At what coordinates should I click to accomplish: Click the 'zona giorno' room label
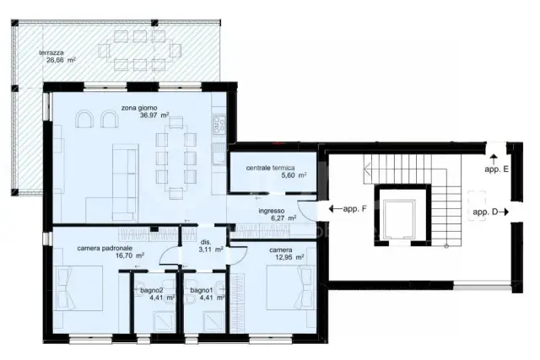pos(138,108)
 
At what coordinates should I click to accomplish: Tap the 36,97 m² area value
pos(154,116)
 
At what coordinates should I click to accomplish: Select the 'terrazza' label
pos(51,53)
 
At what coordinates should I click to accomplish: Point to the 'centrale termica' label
pos(270,168)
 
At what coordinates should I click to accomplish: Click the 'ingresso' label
pos(272,211)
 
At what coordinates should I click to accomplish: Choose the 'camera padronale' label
pos(105,248)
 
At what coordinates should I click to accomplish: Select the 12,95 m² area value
pos(289,257)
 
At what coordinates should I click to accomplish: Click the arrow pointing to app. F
pos(335,208)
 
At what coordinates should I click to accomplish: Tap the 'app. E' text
pos(496,169)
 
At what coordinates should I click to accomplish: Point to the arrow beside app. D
pos(504,212)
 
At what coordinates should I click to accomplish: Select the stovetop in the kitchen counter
pos(219,125)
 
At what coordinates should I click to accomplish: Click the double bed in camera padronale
pos(78,288)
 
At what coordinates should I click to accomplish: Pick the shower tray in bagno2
pos(164,321)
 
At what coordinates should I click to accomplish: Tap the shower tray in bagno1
pos(213,321)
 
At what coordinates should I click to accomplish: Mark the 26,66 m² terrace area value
pos(61,60)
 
